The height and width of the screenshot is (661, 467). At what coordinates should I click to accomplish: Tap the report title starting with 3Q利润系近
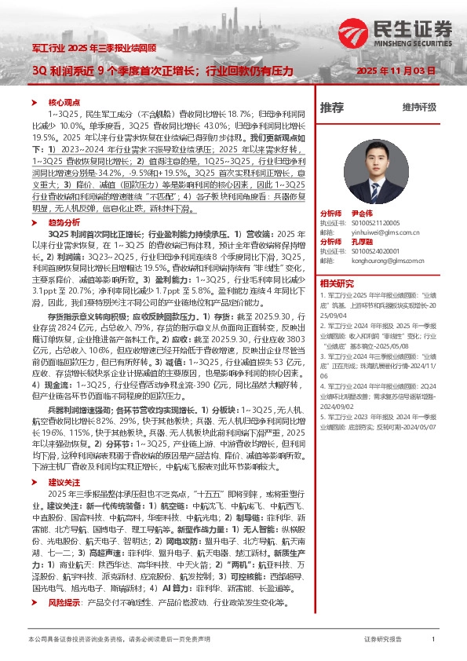pyautogui.click(x=162, y=71)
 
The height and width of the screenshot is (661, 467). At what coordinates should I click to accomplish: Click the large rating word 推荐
pyautogui.click(x=332, y=107)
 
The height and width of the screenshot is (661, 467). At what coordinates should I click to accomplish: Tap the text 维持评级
pyautogui.click(x=418, y=108)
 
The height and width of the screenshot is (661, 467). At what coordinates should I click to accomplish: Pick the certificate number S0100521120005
pyautogui.click(x=372, y=223)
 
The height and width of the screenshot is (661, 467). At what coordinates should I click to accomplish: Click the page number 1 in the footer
pyautogui.click(x=433, y=641)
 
